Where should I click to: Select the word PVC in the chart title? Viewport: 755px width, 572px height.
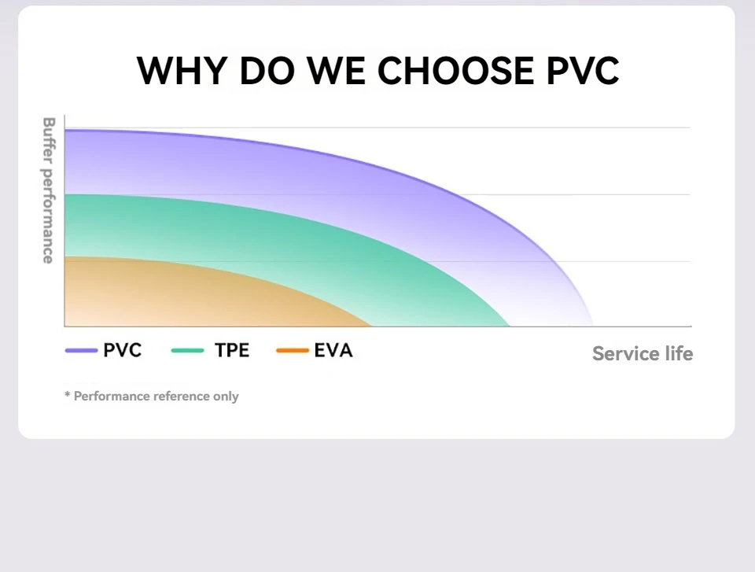[x=582, y=71]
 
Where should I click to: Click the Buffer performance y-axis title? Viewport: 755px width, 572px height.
[x=48, y=190]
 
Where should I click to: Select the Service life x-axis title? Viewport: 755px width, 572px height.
[x=643, y=353]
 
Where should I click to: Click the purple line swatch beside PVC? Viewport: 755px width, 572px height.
[x=81, y=351]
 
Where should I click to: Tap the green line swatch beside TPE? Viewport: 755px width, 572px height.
[x=187, y=351]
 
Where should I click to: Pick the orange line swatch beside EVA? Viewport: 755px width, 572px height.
[x=293, y=351]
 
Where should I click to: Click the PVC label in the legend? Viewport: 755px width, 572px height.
[x=123, y=351]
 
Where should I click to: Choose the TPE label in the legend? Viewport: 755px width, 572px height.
[x=232, y=351]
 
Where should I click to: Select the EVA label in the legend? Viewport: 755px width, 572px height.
[x=333, y=351]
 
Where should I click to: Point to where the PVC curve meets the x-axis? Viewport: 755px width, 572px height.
[x=592, y=325]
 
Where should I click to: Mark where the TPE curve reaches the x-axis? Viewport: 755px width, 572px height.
[x=510, y=325]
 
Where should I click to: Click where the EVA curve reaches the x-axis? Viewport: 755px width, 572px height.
[x=371, y=325]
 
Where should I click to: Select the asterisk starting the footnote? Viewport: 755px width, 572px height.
[x=68, y=394]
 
